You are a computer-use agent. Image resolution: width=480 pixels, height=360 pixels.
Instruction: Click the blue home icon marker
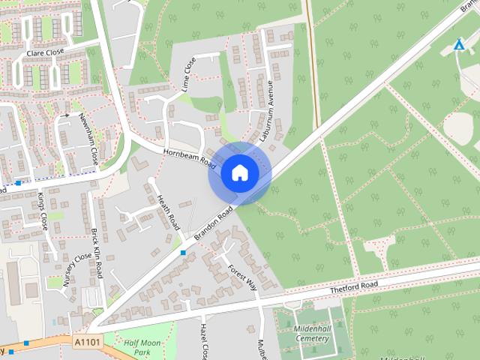point(239,173)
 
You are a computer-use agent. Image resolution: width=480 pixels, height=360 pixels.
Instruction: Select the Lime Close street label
point(187,73)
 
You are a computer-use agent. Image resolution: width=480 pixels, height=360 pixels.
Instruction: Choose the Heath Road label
point(169,211)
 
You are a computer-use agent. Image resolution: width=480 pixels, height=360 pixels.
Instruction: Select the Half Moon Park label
point(142,346)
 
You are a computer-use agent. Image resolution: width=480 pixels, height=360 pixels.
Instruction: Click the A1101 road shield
point(86,341)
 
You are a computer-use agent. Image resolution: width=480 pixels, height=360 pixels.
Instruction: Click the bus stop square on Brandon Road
point(184,252)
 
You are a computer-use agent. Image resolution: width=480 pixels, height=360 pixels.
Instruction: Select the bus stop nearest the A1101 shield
point(26,343)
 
